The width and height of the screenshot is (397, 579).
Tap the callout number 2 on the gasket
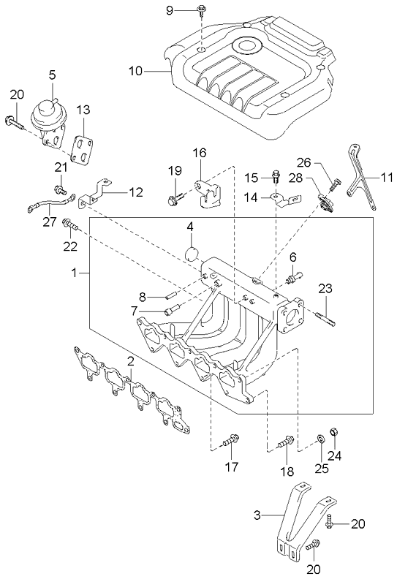point(129,361)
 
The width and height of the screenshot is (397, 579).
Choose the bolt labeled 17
point(231,440)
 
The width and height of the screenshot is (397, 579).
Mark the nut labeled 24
point(334,432)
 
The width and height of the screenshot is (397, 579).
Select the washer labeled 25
point(320,440)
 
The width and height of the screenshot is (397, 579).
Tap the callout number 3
point(257,516)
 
